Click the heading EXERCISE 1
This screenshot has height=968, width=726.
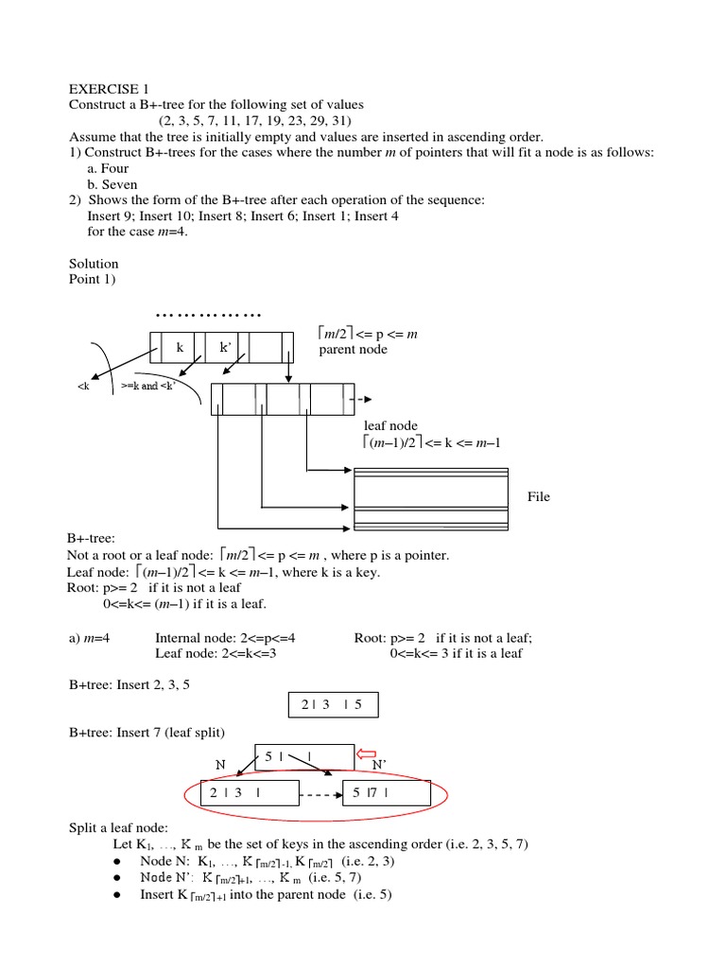pyautogui.click(x=110, y=87)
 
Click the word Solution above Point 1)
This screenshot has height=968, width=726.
pyautogui.click(x=94, y=263)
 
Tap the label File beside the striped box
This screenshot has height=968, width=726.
pyautogui.click(x=539, y=496)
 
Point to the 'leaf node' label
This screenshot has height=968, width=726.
pyautogui.click(x=390, y=425)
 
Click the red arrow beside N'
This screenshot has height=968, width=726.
pyautogui.click(x=366, y=754)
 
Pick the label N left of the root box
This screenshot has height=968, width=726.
pyautogui.click(x=220, y=764)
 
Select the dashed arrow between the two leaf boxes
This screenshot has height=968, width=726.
pyautogui.click(x=320, y=796)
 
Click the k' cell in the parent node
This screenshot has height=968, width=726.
pyautogui.click(x=225, y=348)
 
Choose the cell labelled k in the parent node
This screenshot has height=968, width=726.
pyautogui.click(x=181, y=348)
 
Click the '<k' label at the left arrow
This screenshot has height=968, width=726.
pyautogui.click(x=82, y=388)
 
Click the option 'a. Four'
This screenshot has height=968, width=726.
pyautogui.click(x=108, y=168)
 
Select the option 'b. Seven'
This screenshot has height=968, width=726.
pyautogui.click(x=112, y=184)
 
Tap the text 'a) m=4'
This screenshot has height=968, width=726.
pyautogui.click(x=90, y=638)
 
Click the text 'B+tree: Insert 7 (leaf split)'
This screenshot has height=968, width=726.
pyautogui.click(x=157, y=733)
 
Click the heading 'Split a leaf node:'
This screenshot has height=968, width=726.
pyautogui.click(x=118, y=827)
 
